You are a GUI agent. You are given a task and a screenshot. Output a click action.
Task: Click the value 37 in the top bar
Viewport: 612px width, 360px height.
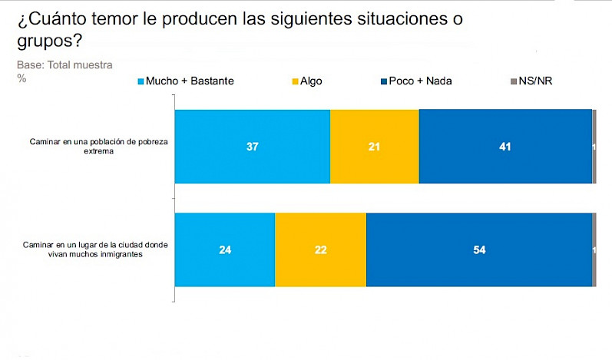click(252, 147)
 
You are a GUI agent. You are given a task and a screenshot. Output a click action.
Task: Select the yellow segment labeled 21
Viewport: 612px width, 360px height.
click(374, 147)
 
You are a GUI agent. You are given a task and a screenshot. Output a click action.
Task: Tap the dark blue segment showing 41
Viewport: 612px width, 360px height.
click(504, 147)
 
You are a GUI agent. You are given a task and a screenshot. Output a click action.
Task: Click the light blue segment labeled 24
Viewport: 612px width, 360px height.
click(224, 249)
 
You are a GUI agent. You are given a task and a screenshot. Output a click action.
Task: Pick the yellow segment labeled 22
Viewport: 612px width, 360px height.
click(320, 249)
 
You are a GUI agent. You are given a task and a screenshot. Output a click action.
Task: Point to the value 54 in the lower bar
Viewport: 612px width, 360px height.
click(478, 249)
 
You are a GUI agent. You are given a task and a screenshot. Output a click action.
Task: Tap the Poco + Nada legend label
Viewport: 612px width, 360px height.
click(422, 81)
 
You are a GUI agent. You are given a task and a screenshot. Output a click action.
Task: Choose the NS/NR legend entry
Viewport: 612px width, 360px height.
click(536, 81)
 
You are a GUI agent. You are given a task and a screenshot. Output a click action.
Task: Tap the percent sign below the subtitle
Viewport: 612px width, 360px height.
click(21, 78)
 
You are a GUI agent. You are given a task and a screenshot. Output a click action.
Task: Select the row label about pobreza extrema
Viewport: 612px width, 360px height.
click(92, 147)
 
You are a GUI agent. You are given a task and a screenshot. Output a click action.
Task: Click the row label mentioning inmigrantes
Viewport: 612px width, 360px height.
click(92, 249)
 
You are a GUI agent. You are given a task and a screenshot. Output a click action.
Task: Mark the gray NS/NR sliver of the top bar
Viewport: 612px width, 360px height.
click(594, 147)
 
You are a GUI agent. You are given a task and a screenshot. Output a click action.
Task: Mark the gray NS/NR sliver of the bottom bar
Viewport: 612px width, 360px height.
click(594, 249)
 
